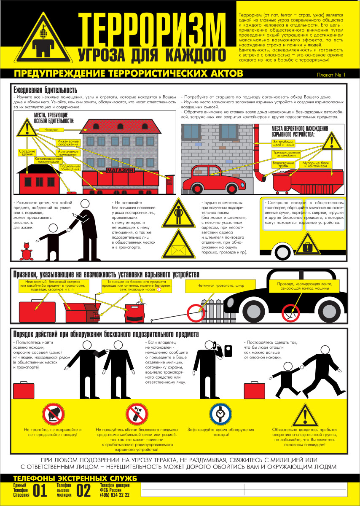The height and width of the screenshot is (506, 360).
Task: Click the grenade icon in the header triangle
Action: [43, 32]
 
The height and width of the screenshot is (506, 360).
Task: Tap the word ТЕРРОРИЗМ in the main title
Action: [152, 30]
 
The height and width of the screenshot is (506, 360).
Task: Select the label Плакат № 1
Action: [331, 75]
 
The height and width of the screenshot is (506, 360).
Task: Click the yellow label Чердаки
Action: [51, 130]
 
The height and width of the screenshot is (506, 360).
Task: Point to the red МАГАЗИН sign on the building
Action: [120, 170]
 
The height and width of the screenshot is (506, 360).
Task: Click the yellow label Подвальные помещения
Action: [70, 168]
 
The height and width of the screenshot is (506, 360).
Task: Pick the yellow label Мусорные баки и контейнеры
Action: [315, 164]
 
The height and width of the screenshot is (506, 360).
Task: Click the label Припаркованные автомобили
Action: [286, 154]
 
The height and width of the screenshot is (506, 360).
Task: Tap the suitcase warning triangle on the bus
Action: [307, 244]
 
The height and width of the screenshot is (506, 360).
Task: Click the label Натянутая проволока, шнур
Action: [220, 285]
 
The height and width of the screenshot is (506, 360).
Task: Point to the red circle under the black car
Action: [291, 313]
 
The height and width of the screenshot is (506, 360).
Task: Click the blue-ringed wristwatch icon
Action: [220, 414]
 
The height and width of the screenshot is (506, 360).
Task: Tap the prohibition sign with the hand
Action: [54, 414]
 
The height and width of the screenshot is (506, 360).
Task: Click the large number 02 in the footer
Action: [83, 490]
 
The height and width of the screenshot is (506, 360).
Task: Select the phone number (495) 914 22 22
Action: [115, 495]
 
